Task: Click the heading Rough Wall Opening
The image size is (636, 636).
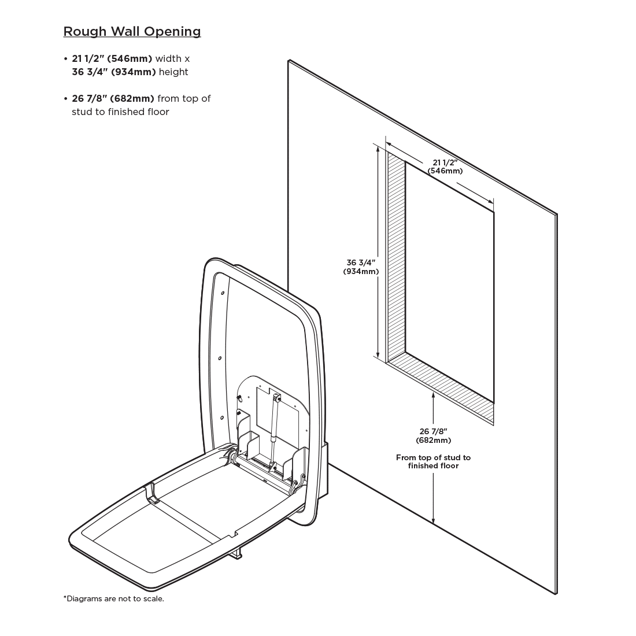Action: tap(132, 31)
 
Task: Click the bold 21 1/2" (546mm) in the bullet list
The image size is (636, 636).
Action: tap(112, 58)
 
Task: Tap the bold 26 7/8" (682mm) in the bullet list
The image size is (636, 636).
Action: tap(113, 98)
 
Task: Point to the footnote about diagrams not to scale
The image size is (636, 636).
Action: tap(113, 598)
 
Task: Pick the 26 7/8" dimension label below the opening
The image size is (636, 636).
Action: tap(434, 431)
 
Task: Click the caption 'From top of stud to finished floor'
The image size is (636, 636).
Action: tap(433, 461)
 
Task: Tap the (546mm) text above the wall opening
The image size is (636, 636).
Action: tap(445, 171)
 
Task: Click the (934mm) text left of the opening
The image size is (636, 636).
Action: tap(361, 271)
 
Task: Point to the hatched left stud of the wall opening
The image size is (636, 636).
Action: tap(396, 254)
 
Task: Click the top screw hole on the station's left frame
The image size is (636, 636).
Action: tap(223, 293)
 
